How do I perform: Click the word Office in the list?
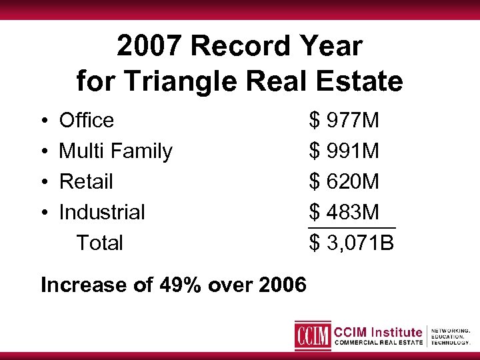click(x=87, y=121)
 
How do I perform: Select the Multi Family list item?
click(x=115, y=151)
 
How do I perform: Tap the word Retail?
click(x=86, y=182)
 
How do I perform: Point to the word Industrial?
click(x=102, y=213)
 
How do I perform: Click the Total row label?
click(x=99, y=243)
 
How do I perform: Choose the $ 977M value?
click(x=344, y=121)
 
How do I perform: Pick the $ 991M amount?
click(x=344, y=151)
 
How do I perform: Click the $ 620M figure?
click(x=344, y=182)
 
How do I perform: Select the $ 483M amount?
click(x=344, y=213)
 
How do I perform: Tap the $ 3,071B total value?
click(x=351, y=243)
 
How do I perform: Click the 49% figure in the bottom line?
click(x=181, y=285)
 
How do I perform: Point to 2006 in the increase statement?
click(x=282, y=285)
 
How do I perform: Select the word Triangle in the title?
click(x=189, y=81)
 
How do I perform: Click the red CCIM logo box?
click(x=313, y=335)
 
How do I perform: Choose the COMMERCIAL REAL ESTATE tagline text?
click(x=378, y=343)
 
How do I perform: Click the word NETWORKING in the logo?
click(x=451, y=330)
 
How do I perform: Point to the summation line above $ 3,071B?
click(x=351, y=229)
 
